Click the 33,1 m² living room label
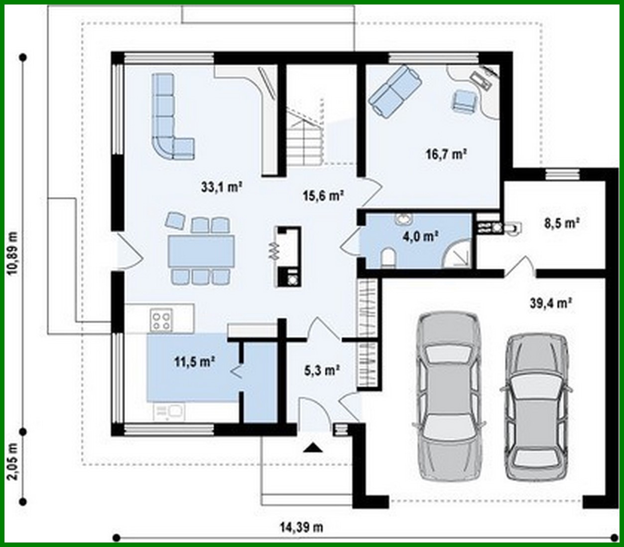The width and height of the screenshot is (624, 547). [x=221, y=187]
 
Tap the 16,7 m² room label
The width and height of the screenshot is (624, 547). [x=446, y=154]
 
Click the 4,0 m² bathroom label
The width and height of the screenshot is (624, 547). [x=420, y=236]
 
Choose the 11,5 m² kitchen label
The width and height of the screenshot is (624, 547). [x=194, y=361]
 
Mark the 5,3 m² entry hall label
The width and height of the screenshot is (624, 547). [x=322, y=370]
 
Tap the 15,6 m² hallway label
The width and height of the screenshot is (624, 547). [x=323, y=195]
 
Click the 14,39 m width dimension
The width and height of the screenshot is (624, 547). [x=302, y=527]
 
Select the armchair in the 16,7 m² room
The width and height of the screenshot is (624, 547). [x=464, y=101]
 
